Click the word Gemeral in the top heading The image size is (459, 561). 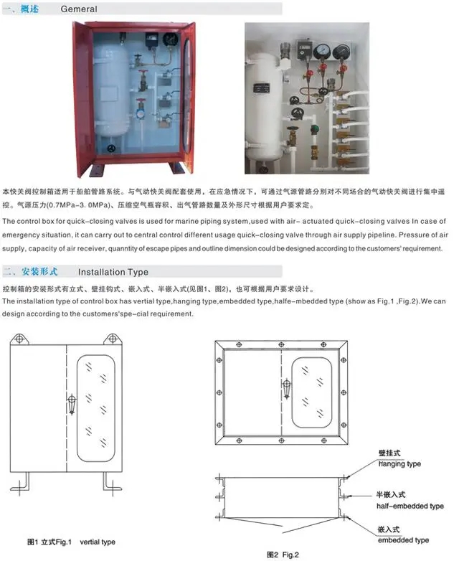click(79, 9)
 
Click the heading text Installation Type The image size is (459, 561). click(113, 272)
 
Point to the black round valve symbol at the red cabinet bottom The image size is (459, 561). click(112, 148)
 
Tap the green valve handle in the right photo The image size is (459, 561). click(315, 129)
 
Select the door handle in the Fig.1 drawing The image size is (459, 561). click(72, 405)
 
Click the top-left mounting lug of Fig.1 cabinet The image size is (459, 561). click(19, 339)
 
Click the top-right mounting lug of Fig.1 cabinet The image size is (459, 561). click(113, 339)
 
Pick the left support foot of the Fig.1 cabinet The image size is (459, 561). click(20, 484)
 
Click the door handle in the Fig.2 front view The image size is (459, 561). click(286, 389)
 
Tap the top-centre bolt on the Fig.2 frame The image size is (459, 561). click(282, 344)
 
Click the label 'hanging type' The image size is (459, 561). click(399, 464)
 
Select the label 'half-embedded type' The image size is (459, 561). click(410, 506)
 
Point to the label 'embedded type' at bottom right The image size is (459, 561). click(403, 540)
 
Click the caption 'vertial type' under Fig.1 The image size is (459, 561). click(98, 542)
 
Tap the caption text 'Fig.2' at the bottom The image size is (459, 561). click(290, 555)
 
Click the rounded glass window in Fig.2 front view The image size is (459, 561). click(311, 392)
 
